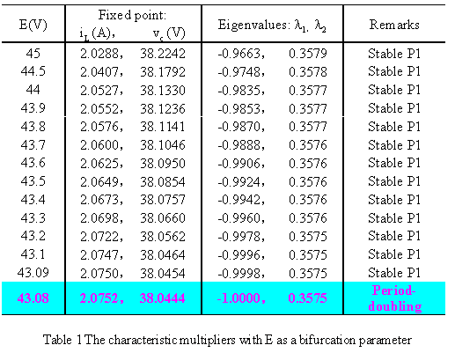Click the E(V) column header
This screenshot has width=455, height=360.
(33, 25)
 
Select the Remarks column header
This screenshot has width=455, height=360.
(394, 25)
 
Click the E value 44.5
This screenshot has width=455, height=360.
(33, 71)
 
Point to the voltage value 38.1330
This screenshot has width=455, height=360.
(163, 90)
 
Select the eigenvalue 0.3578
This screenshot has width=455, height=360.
(308, 72)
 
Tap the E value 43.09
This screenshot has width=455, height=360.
(33, 273)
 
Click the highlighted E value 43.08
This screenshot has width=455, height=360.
(33, 298)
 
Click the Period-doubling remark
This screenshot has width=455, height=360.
(394, 298)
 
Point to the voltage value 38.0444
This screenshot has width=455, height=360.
(162, 298)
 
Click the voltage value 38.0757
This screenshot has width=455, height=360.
(163, 200)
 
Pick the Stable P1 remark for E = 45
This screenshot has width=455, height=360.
(394, 54)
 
